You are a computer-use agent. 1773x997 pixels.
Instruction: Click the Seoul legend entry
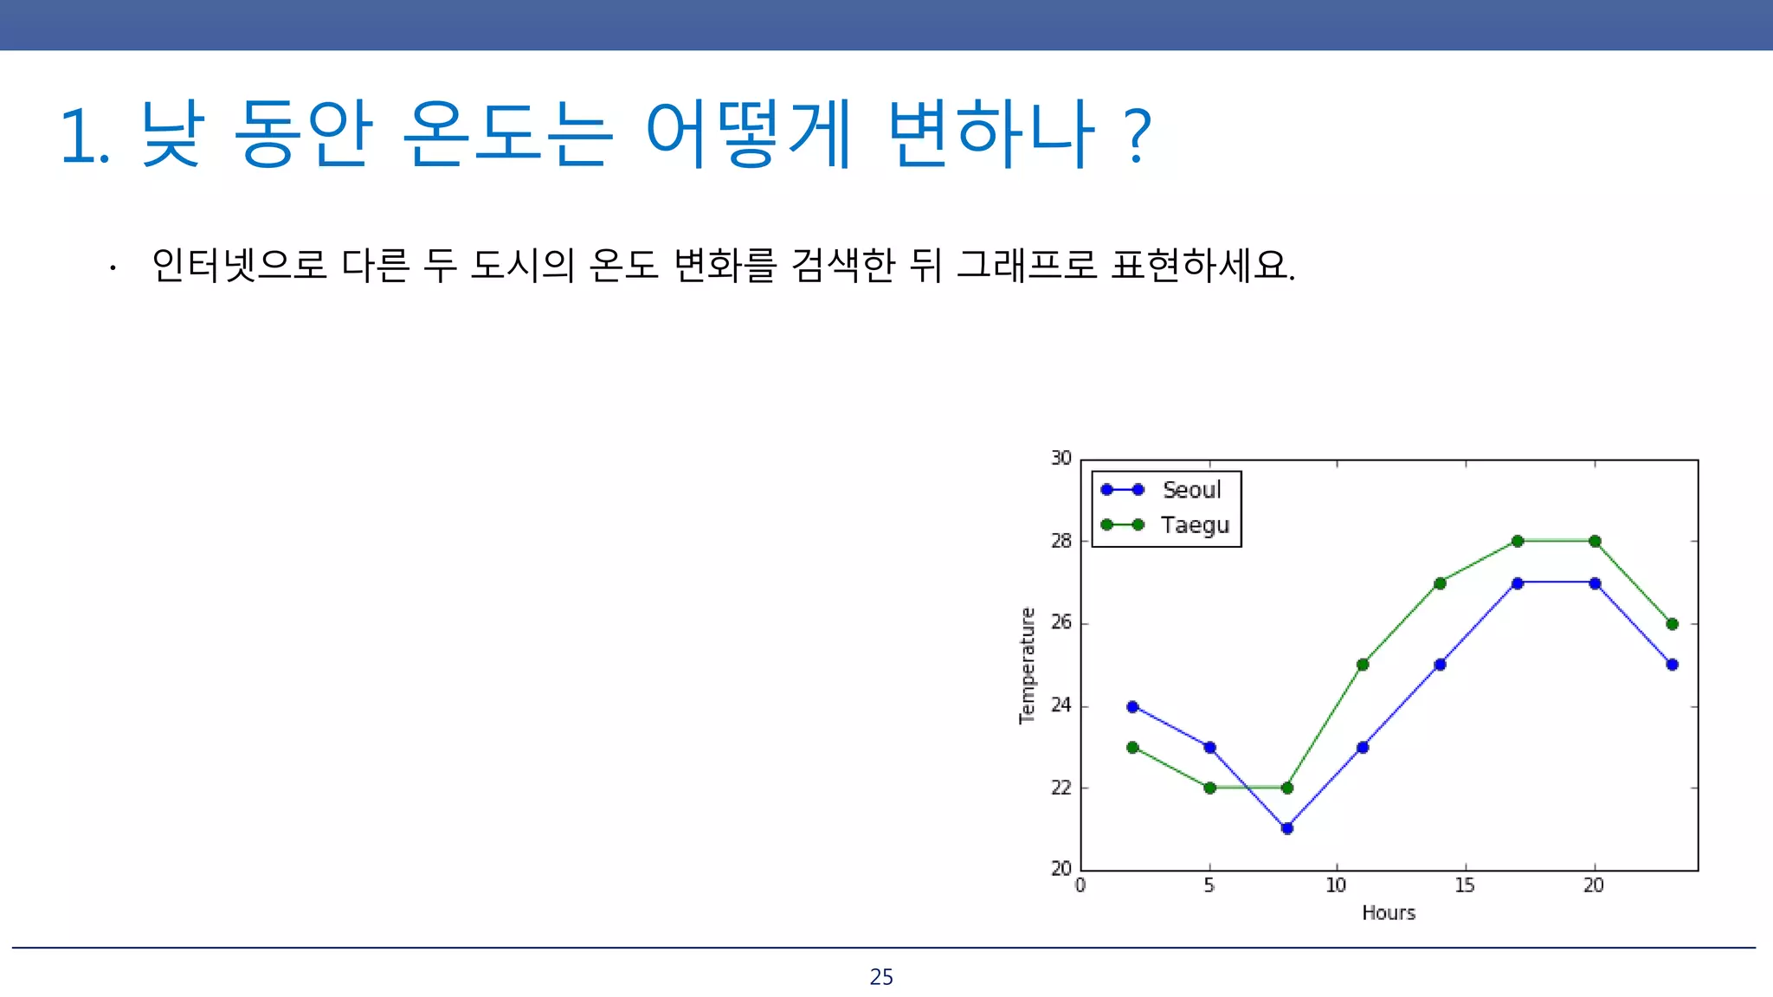coord(1190,490)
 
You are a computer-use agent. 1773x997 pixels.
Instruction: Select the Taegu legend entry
coord(1194,525)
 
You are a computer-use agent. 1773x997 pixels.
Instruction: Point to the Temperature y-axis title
coord(1027,665)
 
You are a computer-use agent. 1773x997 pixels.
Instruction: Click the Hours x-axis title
coord(1388,912)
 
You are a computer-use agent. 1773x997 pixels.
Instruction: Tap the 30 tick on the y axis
coord(1061,458)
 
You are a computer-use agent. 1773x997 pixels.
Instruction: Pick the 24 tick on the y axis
coord(1061,705)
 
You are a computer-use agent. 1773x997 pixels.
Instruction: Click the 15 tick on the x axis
coord(1464,885)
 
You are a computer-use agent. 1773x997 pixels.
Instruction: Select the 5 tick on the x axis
coord(1209,885)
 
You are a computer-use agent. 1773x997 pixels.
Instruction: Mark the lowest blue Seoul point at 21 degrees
coord(1286,828)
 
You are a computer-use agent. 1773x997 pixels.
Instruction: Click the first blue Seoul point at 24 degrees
coord(1132,706)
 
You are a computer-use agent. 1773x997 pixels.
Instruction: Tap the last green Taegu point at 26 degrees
coord(1672,624)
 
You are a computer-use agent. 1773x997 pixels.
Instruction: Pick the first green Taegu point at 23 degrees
coord(1132,747)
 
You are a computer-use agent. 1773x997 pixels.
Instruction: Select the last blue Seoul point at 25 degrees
coord(1672,665)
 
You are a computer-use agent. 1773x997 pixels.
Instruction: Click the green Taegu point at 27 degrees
coord(1440,583)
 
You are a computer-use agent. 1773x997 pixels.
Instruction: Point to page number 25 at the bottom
coord(881,977)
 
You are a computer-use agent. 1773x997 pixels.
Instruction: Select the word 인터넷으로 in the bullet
coord(239,265)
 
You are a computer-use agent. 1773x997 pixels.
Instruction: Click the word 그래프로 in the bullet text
coord(1027,265)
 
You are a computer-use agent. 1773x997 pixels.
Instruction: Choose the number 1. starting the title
coord(84,137)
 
